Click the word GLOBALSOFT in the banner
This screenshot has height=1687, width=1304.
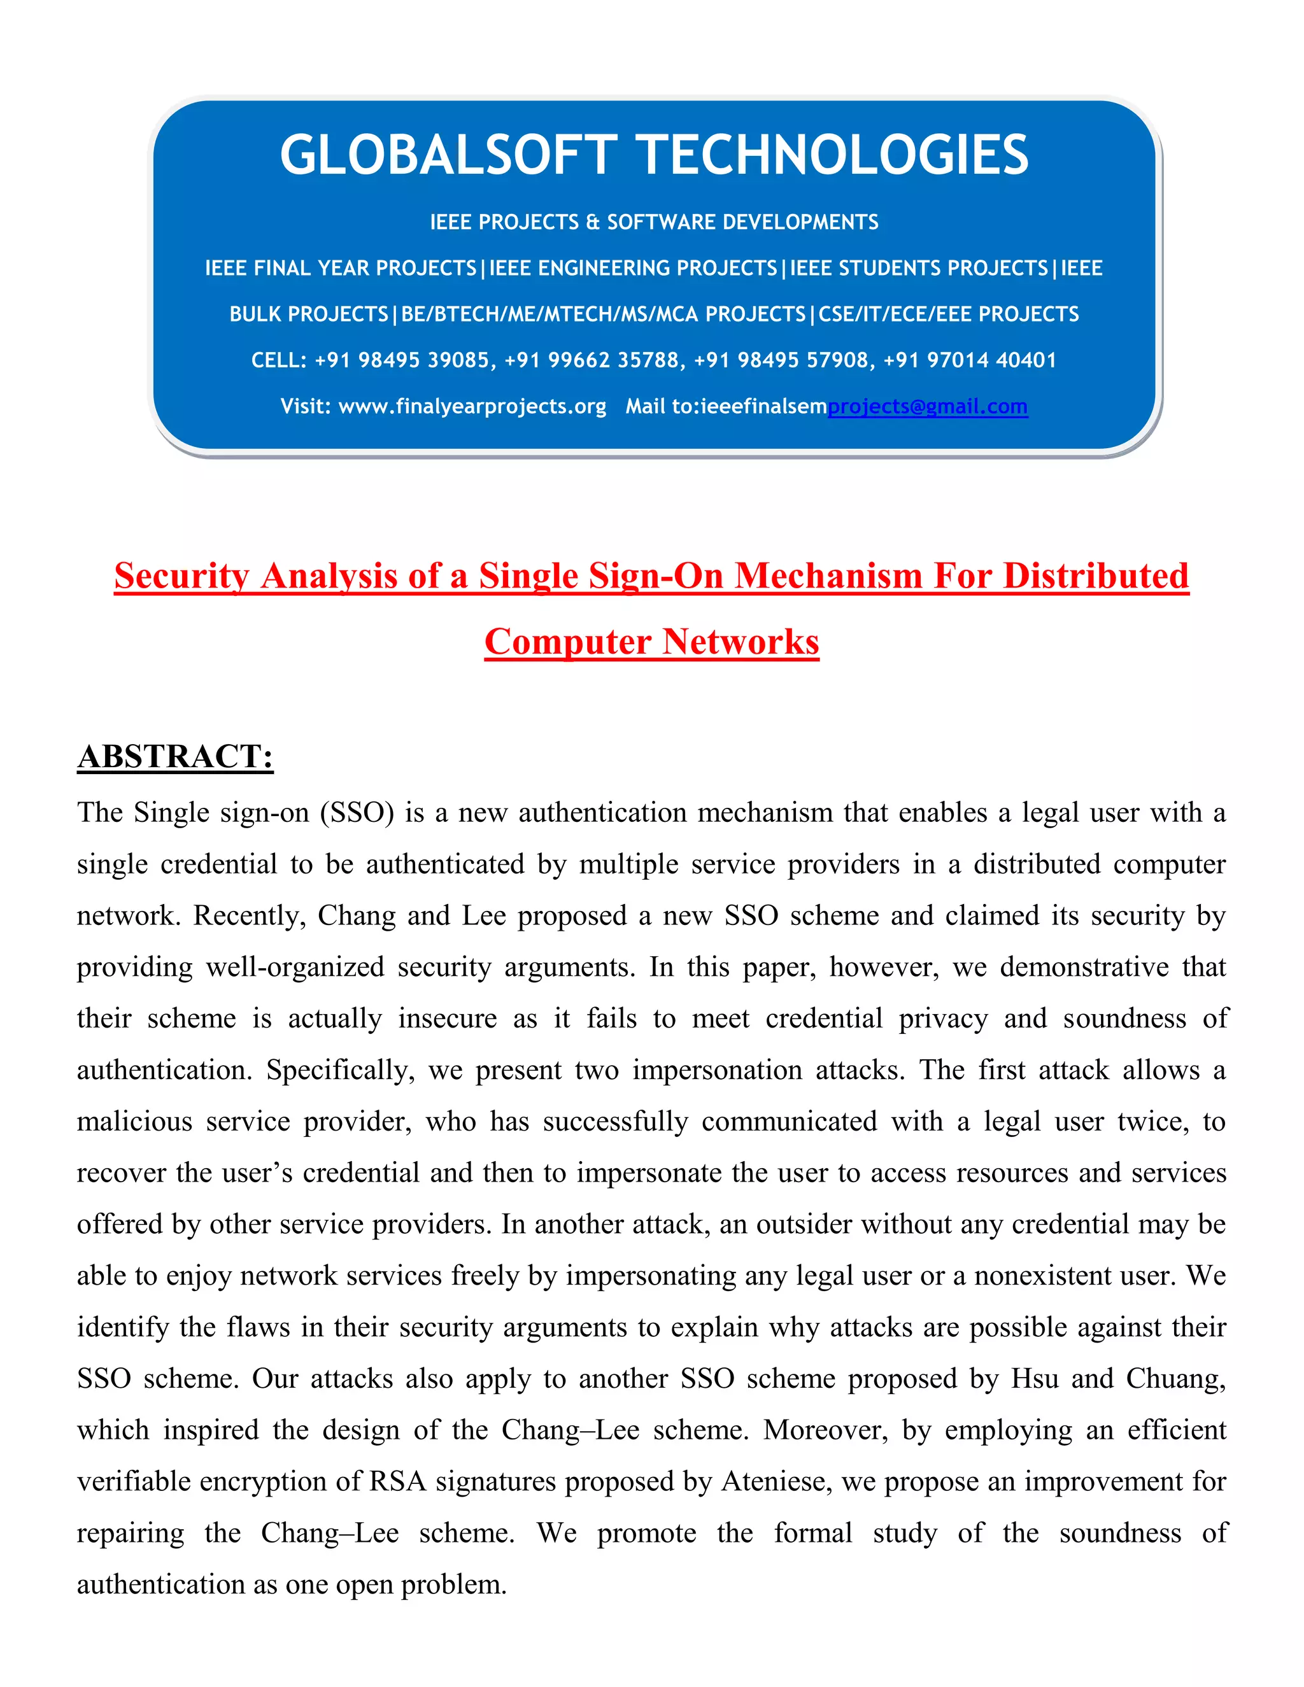448,155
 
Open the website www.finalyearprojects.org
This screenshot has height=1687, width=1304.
472,406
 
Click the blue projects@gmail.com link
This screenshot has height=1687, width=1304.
927,406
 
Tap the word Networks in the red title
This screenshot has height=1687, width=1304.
740,642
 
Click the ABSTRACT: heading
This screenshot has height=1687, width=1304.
175,756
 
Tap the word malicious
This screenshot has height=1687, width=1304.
134,1122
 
